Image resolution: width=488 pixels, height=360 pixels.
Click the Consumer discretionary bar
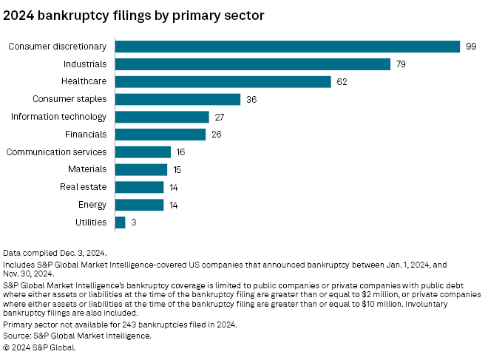288,47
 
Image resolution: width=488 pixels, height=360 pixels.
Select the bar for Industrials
252,64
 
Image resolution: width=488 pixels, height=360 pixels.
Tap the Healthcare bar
223,81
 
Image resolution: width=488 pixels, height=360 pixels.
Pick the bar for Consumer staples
177,99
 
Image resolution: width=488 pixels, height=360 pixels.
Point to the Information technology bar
162,117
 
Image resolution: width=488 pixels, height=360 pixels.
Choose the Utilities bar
120,222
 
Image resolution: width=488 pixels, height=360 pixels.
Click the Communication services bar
143,152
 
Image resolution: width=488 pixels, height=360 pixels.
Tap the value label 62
342,81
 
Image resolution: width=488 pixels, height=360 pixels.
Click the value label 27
220,117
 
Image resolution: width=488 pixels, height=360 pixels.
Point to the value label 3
135,222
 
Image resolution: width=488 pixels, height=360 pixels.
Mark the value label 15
178,169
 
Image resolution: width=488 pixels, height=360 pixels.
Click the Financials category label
85,135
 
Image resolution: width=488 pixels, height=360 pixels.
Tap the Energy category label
92,205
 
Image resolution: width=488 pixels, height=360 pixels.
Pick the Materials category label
87,169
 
